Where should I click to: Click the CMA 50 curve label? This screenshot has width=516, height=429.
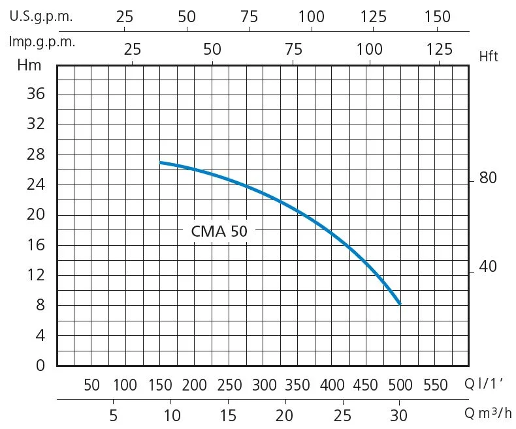pyautogui.click(x=219, y=231)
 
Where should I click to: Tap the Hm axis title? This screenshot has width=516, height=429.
pyautogui.click(x=29, y=65)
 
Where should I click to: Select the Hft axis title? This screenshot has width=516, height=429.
pyautogui.click(x=488, y=57)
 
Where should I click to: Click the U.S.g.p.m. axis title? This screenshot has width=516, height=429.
pyautogui.click(x=41, y=17)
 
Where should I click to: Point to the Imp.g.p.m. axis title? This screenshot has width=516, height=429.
pyautogui.click(x=42, y=42)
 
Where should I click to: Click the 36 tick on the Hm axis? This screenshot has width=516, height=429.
pyautogui.click(x=36, y=95)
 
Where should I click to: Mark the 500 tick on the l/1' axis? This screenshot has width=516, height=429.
pyautogui.click(x=400, y=385)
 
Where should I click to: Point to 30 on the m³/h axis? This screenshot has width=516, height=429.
pyautogui.click(x=399, y=415)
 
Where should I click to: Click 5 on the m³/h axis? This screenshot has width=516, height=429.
pyautogui.click(x=114, y=415)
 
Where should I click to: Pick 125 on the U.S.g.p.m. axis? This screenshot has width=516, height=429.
pyautogui.click(x=373, y=17)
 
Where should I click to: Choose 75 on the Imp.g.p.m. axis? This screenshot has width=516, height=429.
pyautogui.click(x=293, y=49)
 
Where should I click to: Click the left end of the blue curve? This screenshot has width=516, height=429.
pyautogui.click(x=161, y=162)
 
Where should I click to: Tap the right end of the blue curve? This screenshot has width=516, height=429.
pyautogui.click(x=400, y=304)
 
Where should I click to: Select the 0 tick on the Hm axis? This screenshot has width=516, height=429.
pyautogui.click(x=40, y=365)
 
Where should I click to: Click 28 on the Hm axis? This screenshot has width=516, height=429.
pyautogui.click(x=36, y=155)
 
